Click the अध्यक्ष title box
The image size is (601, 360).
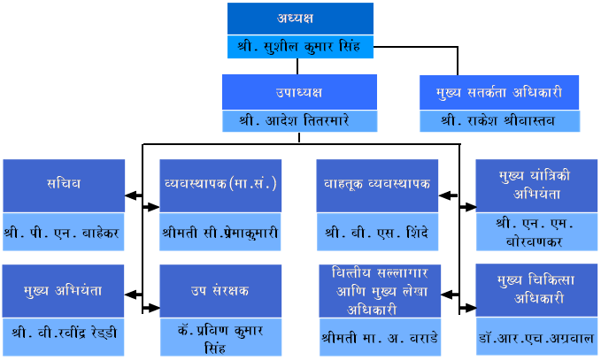(300, 19)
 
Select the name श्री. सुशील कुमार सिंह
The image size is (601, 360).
(299, 47)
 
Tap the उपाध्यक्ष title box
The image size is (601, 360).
(299, 92)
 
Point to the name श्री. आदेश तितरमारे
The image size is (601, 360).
(295, 120)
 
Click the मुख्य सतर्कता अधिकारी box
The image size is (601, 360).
(499, 92)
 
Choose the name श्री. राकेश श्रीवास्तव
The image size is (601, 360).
(498, 121)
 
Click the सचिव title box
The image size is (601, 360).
(64, 186)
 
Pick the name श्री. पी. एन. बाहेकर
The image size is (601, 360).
(62, 233)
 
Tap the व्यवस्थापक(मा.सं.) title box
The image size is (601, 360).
(220, 186)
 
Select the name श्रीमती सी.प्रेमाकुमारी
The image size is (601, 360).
(220, 233)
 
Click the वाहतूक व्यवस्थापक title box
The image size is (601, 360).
(377, 186)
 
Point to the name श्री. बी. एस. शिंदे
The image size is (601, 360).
(377, 233)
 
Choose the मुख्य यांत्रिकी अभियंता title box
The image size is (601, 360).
(536, 186)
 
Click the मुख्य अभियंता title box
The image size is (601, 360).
(63, 291)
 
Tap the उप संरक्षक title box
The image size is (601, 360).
(220, 291)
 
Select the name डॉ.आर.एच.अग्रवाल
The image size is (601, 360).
(536, 338)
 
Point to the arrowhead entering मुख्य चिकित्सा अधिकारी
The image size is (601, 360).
(470, 308)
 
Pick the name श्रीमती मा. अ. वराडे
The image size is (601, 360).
(380, 339)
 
